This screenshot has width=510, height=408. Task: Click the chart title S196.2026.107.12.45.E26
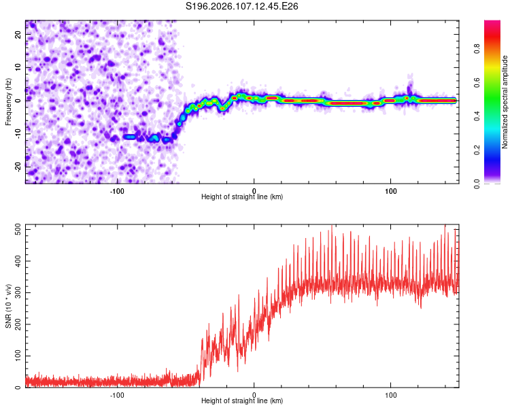coord(242,7)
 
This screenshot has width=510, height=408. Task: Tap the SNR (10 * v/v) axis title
coord(8,306)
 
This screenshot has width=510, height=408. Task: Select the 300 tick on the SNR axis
coord(16,293)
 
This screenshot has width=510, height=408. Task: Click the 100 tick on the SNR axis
coord(16,356)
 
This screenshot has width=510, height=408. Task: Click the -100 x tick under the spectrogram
coord(117,191)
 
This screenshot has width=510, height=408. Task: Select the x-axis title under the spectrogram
coord(242,197)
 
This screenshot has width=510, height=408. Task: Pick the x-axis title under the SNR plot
coord(242,401)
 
